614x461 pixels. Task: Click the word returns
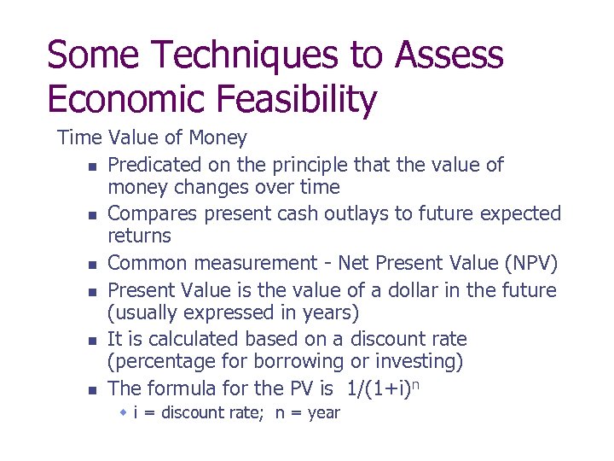[x=140, y=236]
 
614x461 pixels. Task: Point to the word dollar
[x=425, y=291]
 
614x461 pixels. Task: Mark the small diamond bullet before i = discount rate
[x=123, y=413]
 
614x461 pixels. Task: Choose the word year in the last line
[x=322, y=414]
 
